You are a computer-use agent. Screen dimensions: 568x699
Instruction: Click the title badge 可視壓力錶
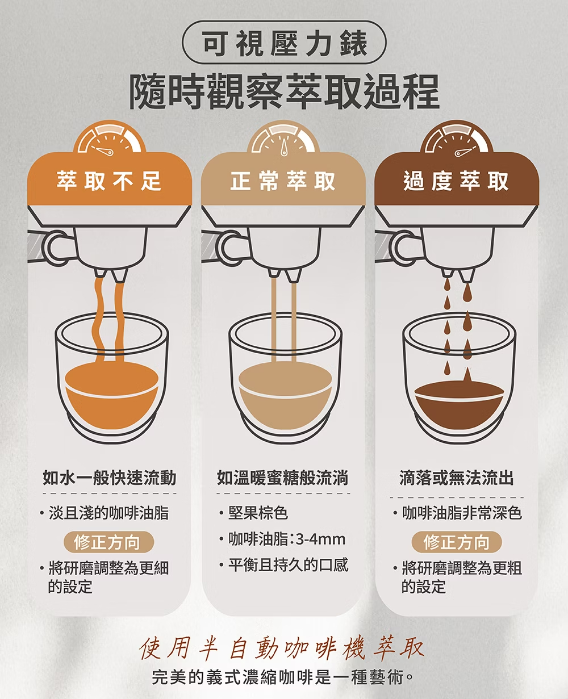pyautogui.click(x=284, y=43)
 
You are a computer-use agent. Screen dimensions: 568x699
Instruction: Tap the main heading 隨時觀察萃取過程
pyautogui.click(x=285, y=91)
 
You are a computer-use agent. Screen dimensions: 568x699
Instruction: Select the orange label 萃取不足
pyautogui.click(x=109, y=181)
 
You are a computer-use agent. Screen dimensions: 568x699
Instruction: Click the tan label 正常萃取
pyautogui.click(x=283, y=181)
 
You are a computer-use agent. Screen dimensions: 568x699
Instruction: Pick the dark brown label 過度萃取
pyautogui.click(x=456, y=181)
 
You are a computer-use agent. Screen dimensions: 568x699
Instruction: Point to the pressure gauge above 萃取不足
pyautogui.click(x=109, y=138)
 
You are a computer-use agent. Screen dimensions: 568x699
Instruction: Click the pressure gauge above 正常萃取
pyautogui.click(x=283, y=138)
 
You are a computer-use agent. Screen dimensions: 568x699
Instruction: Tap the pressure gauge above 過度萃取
pyautogui.click(x=456, y=138)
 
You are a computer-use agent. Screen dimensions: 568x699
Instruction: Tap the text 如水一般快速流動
pyautogui.click(x=109, y=478)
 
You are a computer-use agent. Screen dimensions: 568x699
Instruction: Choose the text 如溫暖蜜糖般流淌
pyautogui.click(x=283, y=478)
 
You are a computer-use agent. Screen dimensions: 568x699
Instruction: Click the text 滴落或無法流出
pyautogui.click(x=456, y=478)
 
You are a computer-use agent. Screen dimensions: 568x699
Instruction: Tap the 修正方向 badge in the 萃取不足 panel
pyautogui.click(x=108, y=542)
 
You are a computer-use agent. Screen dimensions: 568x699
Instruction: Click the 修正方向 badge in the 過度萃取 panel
pyautogui.click(x=457, y=542)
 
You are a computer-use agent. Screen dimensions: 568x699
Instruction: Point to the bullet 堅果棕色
pyautogui.click(x=253, y=513)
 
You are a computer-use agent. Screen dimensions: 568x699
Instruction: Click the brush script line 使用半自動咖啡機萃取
pyautogui.click(x=282, y=649)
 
